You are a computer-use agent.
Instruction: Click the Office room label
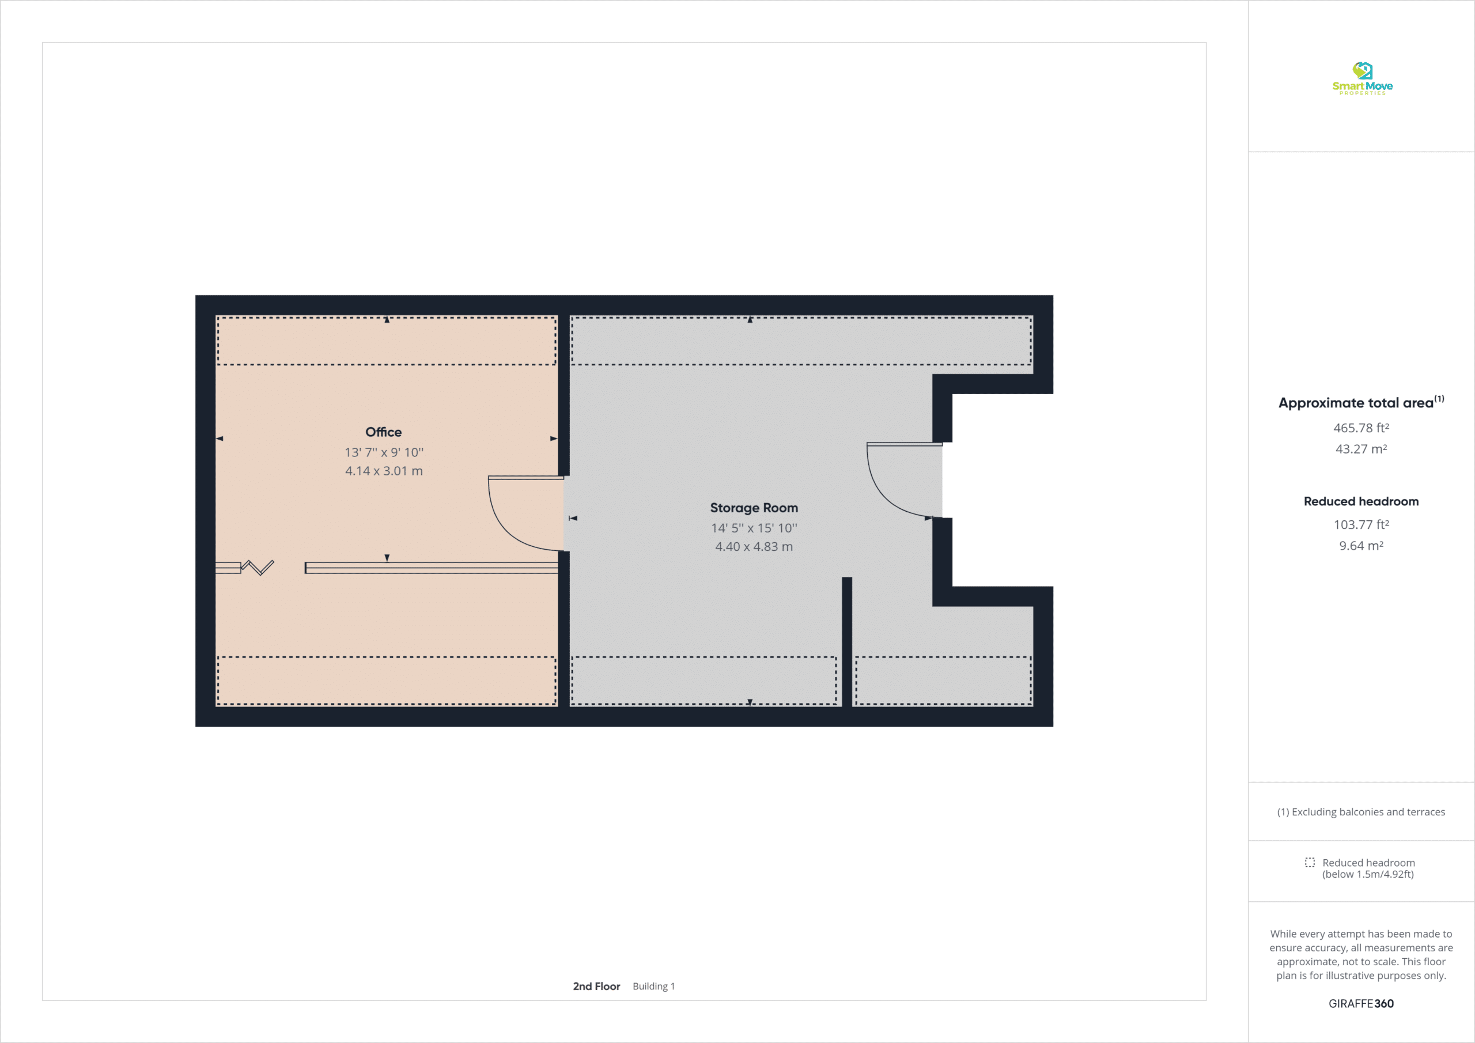click(384, 432)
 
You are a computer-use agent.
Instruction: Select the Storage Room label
click(754, 508)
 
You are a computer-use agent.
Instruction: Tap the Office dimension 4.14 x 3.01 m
click(384, 471)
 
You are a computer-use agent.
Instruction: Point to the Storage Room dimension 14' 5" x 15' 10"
click(754, 528)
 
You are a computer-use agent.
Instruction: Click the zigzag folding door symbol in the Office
click(258, 568)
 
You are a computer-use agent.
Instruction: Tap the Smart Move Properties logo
click(1362, 78)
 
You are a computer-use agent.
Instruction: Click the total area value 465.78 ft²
click(1361, 428)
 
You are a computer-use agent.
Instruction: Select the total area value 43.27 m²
click(1361, 449)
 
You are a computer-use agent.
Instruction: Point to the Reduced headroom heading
click(1361, 501)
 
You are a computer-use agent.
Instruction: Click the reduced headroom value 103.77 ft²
click(1361, 524)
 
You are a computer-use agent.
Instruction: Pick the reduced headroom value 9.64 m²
click(1361, 546)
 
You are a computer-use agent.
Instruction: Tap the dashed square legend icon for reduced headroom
click(1309, 863)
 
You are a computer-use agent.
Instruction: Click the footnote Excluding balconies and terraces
click(1361, 812)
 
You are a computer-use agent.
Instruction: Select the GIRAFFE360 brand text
click(1361, 1003)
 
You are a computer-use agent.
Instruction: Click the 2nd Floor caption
click(596, 986)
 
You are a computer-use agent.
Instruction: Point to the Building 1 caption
click(653, 986)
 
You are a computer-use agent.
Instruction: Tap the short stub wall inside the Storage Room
click(847, 641)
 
